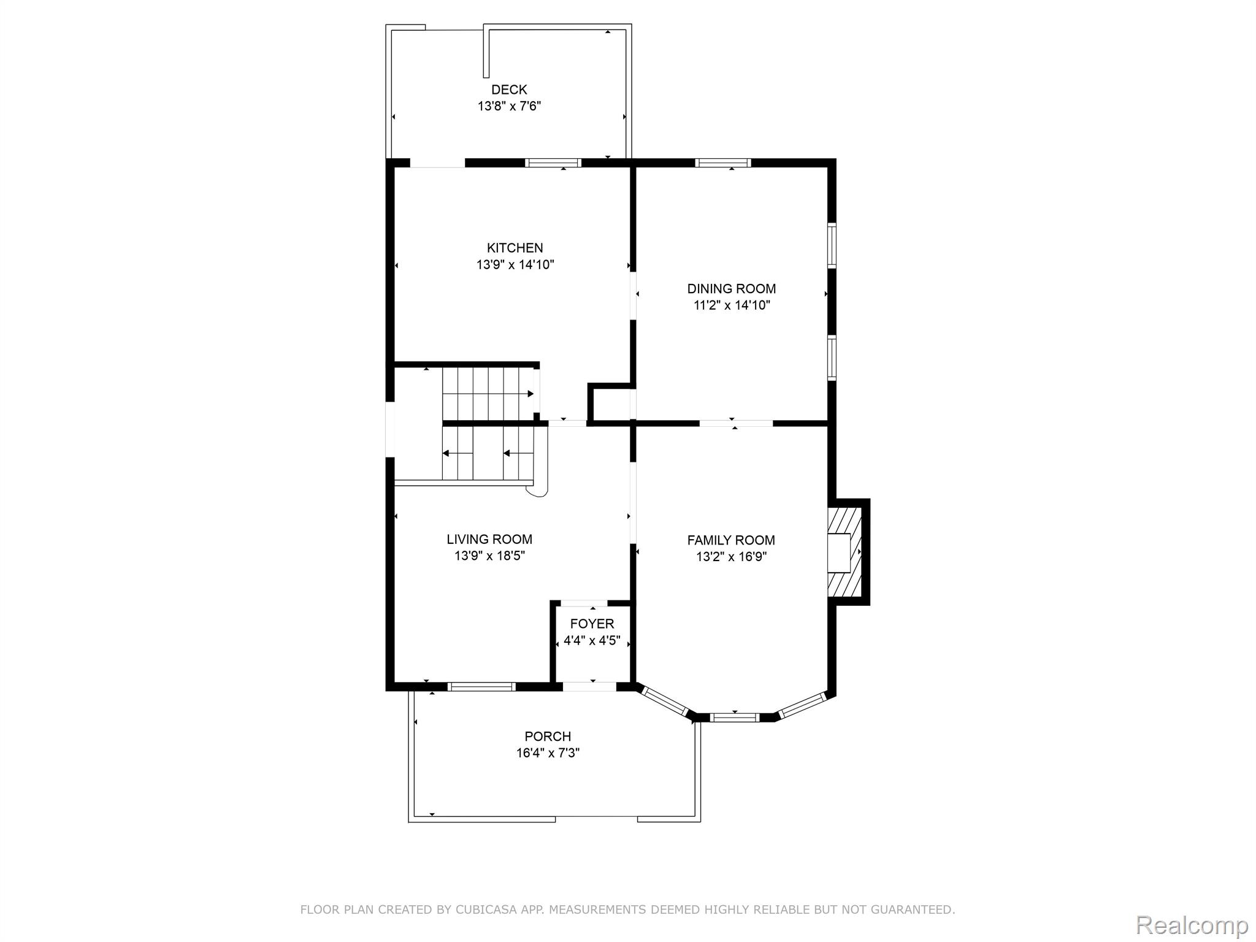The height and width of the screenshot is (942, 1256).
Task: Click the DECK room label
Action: pyautogui.click(x=508, y=90)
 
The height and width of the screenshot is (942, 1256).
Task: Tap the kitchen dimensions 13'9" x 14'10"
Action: pyautogui.click(x=515, y=265)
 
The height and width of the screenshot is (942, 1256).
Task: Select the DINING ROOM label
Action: pyautogui.click(x=731, y=289)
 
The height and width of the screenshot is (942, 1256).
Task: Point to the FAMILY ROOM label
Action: pyautogui.click(x=730, y=540)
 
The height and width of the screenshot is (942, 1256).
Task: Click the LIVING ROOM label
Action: pyautogui.click(x=489, y=539)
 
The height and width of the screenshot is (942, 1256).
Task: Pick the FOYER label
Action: pyautogui.click(x=592, y=624)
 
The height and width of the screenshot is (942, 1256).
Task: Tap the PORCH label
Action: pyautogui.click(x=547, y=736)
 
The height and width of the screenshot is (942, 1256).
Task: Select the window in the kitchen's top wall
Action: pyautogui.click(x=553, y=163)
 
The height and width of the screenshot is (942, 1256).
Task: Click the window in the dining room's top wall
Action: pyautogui.click(x=723, y=163)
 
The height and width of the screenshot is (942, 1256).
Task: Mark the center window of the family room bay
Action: pyautogui.click(x=734, y=717)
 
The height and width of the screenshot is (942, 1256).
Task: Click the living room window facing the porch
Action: pyautogui.click(x=481, y=687)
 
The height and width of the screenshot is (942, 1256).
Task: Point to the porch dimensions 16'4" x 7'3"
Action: pyautogui.click(x=547, y=753)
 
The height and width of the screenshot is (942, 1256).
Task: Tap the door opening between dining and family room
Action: pyautogui.click(x=735, y=423)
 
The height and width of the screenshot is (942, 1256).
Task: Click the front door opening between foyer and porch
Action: pyautogui.click(x=589, y=687)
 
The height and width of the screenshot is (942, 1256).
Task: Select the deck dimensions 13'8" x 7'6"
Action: pyautogui.click(x=508, y=107)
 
